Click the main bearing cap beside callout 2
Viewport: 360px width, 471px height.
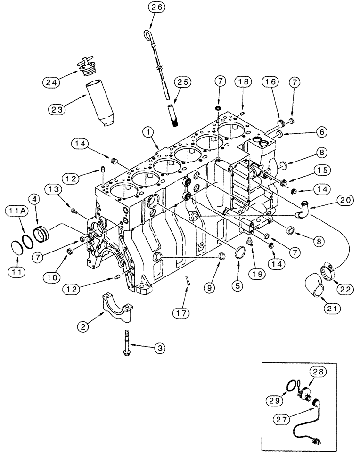pos(115,307)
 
